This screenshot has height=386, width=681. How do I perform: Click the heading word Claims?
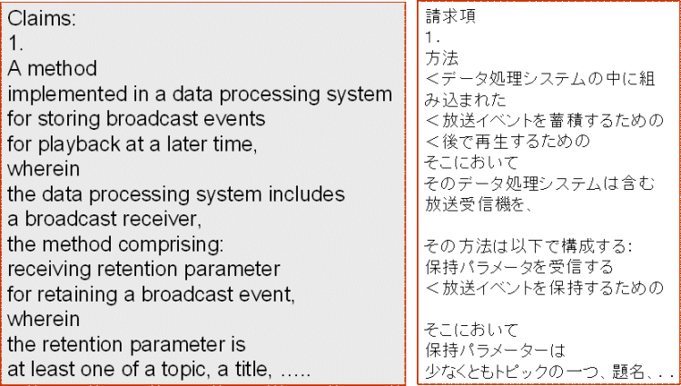pyautogui.click(x=42, y=19)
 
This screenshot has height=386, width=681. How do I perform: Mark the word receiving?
pyautogui.click(x=48, y=271)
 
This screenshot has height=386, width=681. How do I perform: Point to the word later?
pyautogui.click(x=200, y=145)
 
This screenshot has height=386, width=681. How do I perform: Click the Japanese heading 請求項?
pyautogui.click(x=450, y=17)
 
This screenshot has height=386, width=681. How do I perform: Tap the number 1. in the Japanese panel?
pyautogui.click(x=434, y=38)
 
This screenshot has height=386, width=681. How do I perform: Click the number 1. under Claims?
pyautogui.click(x=15, y=44)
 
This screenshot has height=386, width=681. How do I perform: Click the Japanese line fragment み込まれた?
pyautogui.click(x=466, y=100)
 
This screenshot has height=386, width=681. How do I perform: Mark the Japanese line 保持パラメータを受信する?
pyautogui.click(x=519, y=267)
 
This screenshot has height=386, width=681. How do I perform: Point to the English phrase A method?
pyautogui.click(x=52, y=69)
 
